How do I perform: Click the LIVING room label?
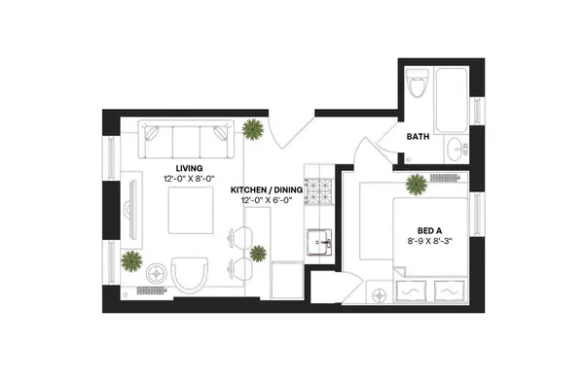pyautogui.click(x=176, y=168)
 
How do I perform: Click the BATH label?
pyautogui.click(x=419, y=139)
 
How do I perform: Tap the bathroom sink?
pyautogui.click(x=455, y=151)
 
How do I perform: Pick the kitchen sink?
pyautogui.click(x=317, y=241)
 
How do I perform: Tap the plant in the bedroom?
pyautogui.click(x=416, y=183)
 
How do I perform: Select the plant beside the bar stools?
pyautogui.click(x=258, y=254)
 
